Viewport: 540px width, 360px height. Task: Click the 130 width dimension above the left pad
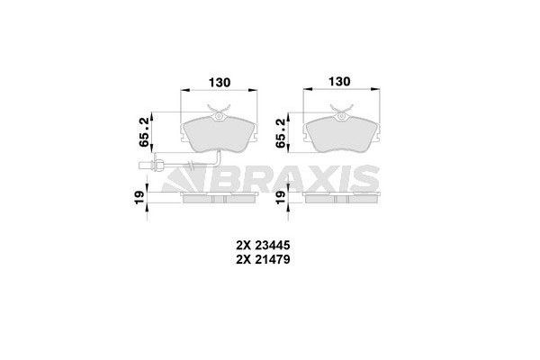coord(220,81)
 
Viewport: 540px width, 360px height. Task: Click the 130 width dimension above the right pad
coord(338,81)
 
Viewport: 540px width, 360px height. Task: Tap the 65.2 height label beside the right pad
coord(281,131)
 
